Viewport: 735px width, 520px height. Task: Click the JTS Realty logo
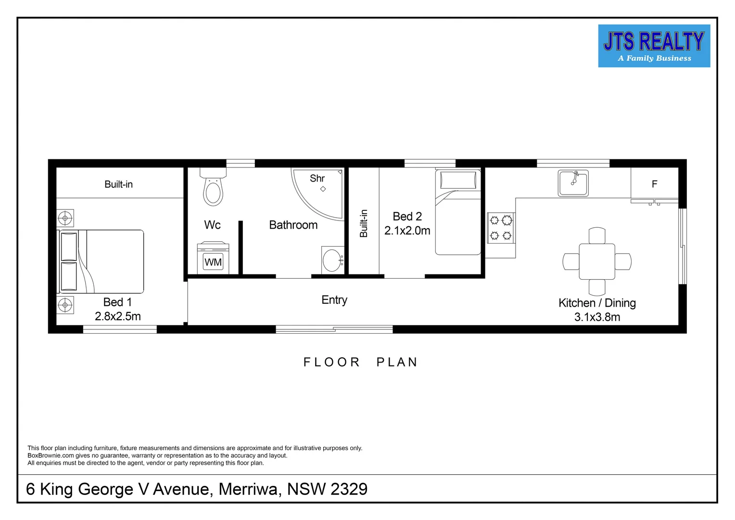click(654, 46)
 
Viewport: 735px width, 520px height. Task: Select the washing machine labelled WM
click(213, 259)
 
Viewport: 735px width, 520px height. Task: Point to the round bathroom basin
click(332, 260)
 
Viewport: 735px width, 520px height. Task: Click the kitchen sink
click(573, 183)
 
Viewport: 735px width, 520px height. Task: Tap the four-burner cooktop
click(500, 228)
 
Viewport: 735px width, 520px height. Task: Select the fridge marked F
click(654, 183)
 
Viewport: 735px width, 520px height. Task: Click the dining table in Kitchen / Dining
click(597, 261)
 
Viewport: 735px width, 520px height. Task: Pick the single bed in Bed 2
click(458, 212)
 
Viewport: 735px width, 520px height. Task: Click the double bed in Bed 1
click(101, 261)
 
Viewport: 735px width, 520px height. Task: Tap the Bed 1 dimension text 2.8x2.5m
click(118, 316)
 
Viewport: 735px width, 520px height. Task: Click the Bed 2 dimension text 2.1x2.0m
click(407, 231)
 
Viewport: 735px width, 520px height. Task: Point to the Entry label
click(334, 300)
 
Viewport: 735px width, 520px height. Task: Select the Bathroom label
click(293, 225)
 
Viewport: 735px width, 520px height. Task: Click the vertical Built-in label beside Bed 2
click(364, 223)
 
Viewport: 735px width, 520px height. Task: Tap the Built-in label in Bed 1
click(118, 184)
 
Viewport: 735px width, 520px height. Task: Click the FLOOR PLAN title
click(360, 362)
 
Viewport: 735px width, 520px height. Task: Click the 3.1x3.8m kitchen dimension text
click(597, 317)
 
